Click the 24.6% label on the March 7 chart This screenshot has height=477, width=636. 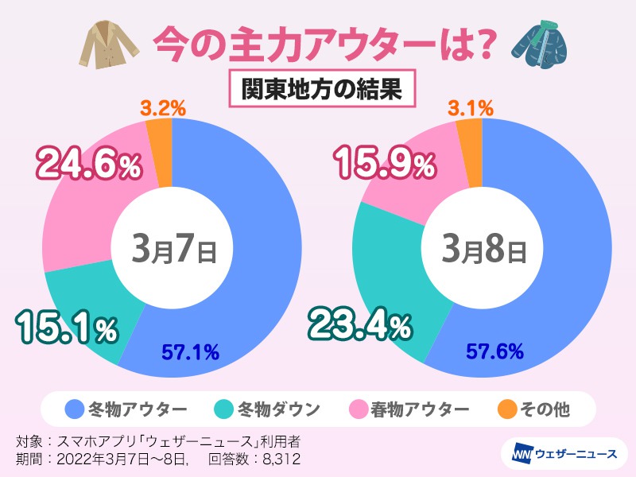pyautogui.click(x=89, y=165)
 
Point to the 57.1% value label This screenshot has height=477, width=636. pyautogui.click(x=191, y=351)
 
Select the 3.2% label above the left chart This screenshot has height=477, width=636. pyautogui.click(x=161, y=107)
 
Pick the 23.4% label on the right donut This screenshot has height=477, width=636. pyautogui.click(x=360, y=324)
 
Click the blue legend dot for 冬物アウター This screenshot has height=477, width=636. pyautogui.click(x=75, y=410)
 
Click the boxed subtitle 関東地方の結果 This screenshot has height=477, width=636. pyautogui.click(x=318, y=87)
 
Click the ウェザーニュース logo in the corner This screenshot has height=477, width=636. pyautogui.click(x=560, y=453)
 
